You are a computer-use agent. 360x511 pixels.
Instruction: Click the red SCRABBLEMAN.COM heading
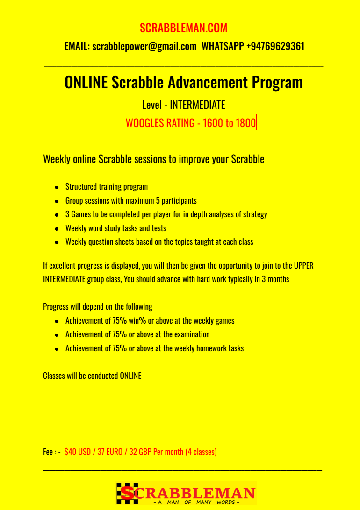[x=183, y=28]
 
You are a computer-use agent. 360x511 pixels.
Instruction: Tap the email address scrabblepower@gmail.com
[x=144, y=46]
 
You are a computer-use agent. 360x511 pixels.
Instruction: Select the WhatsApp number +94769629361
[x=275, y=46]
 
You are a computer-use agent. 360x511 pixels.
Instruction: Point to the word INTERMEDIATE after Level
[x=197, y=105]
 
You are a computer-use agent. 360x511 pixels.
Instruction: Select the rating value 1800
[x=245, y=123]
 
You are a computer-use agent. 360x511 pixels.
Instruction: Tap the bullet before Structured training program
[x=57, y=187]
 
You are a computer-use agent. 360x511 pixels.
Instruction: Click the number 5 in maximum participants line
[x=158, y=201]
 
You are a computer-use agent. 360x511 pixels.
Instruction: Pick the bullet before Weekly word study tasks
[x=57, y=229]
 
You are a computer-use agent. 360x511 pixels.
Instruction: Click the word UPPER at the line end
[x=303, y=266]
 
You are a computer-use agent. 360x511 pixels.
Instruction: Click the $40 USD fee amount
[x=78, y=452]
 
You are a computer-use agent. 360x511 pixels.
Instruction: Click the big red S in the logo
[x=127, y=493]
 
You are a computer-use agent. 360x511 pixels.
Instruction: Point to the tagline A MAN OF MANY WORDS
[x=196, y=502]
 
